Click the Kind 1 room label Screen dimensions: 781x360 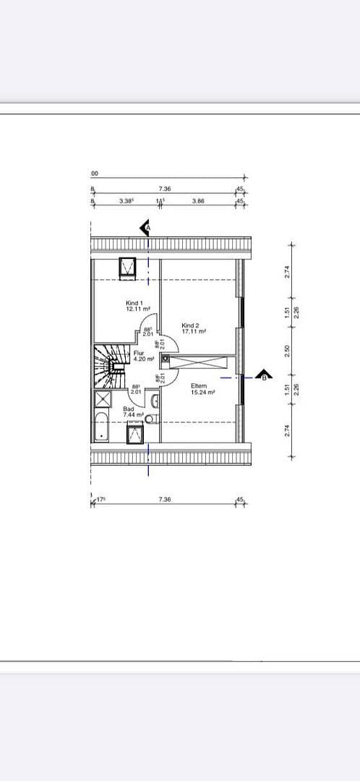(x=134, y=303)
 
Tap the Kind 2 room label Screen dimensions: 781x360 (x=191, y=325)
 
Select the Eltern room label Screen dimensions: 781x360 (x=199, y=385)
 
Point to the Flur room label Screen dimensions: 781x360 (x=139, y=353)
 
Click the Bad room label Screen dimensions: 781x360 (x=129, y=409)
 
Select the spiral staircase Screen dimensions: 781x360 (x=109, y=359)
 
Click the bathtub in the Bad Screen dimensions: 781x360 (x=101, y=427)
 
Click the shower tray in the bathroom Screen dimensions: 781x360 (x=103, y=401)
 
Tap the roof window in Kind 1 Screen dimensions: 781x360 (x=129, y=266)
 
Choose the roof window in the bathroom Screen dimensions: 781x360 (x=135, y=433)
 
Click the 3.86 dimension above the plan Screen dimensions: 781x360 (x=198, y=201)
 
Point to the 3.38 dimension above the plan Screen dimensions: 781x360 (x=125, y=201)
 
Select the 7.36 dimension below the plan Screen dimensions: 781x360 (x=164, y=500)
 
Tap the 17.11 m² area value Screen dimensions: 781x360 (x=194, y=331)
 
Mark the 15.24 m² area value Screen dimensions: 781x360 (x=203, y=392)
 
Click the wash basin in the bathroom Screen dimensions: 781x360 (x=155, y=402)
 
